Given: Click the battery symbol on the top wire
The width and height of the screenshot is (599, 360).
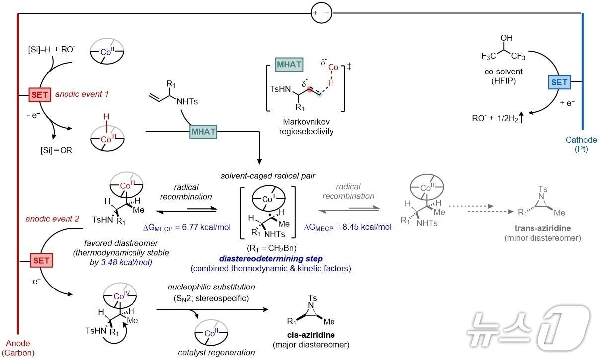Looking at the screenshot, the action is point(321,13).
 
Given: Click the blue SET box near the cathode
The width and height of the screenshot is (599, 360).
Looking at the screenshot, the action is point(559,82).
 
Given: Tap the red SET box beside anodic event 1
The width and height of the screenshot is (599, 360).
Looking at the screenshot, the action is point(40,94).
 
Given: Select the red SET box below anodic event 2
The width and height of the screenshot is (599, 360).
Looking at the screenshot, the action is point(41,260).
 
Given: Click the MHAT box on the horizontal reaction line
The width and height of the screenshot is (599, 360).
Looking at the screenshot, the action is point(203,132).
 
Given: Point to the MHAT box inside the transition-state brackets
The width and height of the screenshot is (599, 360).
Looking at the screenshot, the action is point(289,64).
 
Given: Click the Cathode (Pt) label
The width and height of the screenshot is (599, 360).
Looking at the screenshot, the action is point(581,144).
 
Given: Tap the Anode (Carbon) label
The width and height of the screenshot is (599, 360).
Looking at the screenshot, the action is point(18,348).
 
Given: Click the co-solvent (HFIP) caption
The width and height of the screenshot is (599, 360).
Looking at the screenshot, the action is point(503,76).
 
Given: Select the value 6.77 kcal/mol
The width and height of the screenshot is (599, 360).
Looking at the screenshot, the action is point(206,227).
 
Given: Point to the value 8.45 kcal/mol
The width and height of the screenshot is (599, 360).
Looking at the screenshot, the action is point(367,227).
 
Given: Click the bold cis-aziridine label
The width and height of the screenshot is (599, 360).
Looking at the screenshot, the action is point(311,335).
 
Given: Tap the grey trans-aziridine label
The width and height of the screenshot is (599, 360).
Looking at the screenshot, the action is point(542,228).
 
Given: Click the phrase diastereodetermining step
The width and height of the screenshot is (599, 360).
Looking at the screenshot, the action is point(270,259).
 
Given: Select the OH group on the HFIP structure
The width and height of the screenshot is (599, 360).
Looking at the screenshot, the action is point(507,38).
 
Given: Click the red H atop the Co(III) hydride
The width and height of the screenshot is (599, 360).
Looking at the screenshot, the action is point(106,116).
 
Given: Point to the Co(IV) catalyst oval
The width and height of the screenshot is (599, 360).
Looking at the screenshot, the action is point(120,295).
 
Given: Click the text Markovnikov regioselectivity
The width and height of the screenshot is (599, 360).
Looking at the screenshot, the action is point(306,126).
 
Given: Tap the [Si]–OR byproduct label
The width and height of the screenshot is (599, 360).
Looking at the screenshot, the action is point(56,150).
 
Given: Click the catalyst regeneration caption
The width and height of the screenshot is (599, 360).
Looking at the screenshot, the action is point(216,352).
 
